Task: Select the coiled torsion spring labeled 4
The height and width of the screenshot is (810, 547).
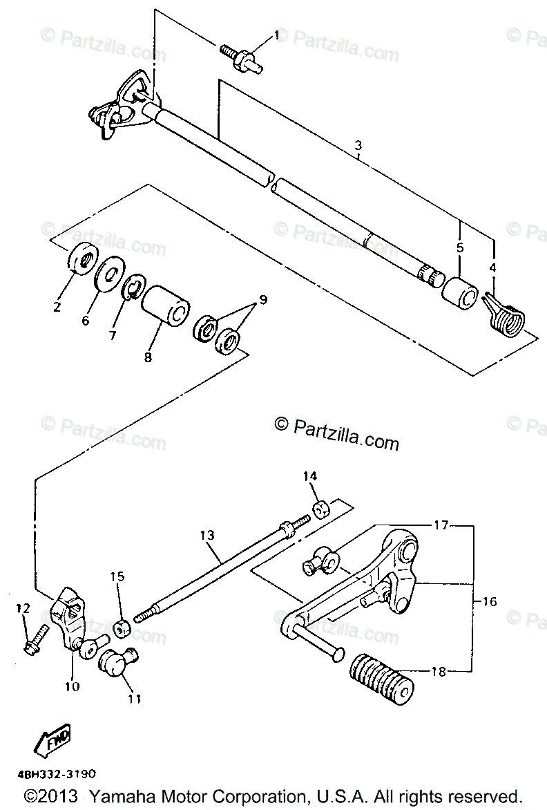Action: point(508,316)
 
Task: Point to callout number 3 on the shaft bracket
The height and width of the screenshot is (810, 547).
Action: point(358,146)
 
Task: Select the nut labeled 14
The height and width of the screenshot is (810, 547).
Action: point(322,510)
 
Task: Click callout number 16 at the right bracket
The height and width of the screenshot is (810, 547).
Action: point(489,602)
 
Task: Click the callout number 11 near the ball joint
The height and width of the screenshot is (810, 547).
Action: point(134,699)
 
